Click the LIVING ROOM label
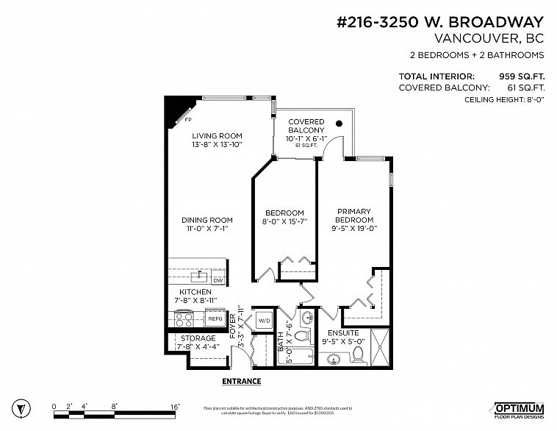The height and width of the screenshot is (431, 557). coord(217,136)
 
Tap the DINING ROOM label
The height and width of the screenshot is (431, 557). coord(207,220)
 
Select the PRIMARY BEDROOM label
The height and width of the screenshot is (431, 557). coord(354,215)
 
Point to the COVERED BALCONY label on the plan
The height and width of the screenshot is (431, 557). coord(306,126)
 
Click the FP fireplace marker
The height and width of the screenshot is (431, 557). coord(188,119)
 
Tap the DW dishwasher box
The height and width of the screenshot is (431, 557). coord(218,280)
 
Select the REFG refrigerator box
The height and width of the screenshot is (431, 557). coord(215,319)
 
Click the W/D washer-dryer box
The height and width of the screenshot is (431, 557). coord(263,320)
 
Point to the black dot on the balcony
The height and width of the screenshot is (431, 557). coord(339,124)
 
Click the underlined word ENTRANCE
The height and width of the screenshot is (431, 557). coord(241,381)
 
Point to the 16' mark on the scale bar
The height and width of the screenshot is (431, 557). coord(174,406)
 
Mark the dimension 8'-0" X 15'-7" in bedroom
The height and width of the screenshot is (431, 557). coord(284,221)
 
